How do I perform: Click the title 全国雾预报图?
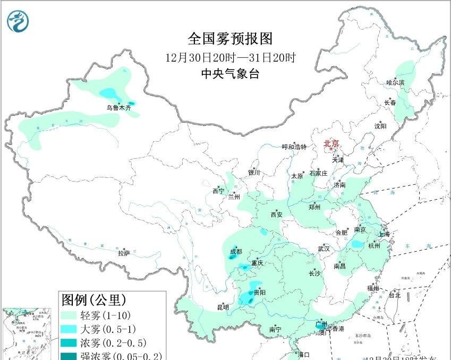tap(229, 39)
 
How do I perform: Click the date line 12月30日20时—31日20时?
tap(230, 57)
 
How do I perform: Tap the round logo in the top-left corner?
tap(19, 21)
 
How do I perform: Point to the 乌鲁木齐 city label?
tap(118, 108)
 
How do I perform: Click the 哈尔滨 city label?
tap(395, 83)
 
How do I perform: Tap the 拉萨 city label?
tap(124, 253)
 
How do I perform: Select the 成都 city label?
tap(236, 251)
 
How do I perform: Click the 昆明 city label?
tap(223, 307)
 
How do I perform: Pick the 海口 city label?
tap(303, 354)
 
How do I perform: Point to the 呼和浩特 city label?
tap(294, 147)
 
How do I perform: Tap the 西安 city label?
tap(276, 215)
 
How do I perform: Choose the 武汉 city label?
tap(324, 248)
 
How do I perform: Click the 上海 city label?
tap(384, 234)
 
